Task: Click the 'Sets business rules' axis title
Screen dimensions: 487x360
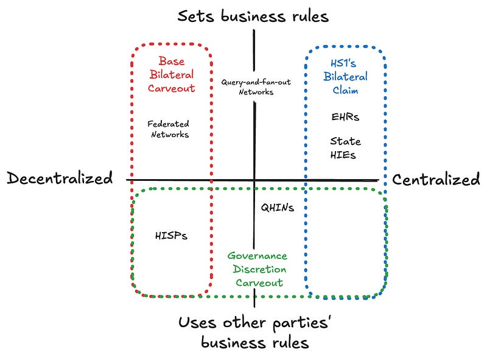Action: click(x=253, y=16)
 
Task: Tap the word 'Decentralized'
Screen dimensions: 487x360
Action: click(x=60, y=178)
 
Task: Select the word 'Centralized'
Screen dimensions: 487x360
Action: click(x=436, y=179)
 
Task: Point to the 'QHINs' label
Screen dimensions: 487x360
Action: click(x=278, y=207)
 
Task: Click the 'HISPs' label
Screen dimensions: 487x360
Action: click(x=171, y=236)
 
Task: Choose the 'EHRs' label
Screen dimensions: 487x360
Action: click(x=345, y=117)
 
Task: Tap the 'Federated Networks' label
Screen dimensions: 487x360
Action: click(x=169, y=129)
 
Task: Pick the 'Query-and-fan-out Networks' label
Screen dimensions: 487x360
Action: click(x=256, y=86)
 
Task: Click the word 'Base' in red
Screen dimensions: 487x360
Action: click(x=172, y=61)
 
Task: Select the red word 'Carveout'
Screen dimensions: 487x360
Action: click(x=172, y=88)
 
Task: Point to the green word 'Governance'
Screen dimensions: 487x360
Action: click(x=257, y=256)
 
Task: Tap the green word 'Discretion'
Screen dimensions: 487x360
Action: click(x=259, y=269)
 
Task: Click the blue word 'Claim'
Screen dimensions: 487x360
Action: click(x=345, y=90)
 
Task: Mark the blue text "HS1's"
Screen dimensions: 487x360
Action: click(x=343, y=63)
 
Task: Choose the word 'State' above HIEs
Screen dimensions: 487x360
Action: click(x=345, y=141)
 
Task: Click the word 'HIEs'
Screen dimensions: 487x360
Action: click(x=343, y=155)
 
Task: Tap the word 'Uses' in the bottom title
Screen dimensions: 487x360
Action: click(x=197, y=322)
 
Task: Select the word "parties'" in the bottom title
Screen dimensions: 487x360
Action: click(x=301, y=323)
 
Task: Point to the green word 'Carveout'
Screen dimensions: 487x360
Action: click(x=259, y=283)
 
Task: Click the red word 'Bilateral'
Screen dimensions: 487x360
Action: click(x=172, y=74)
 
